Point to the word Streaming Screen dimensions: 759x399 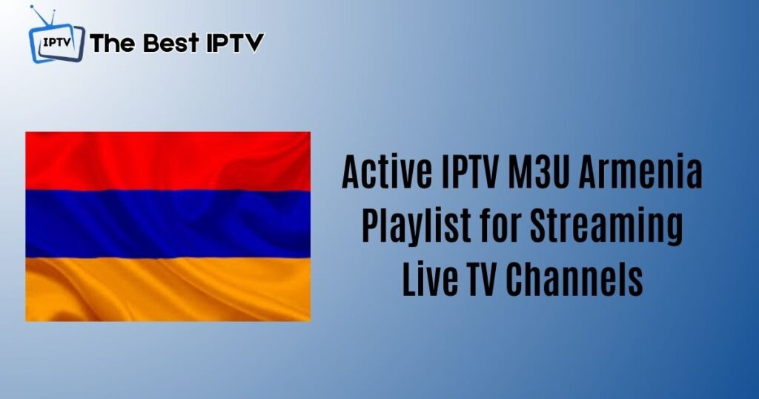point(606,227)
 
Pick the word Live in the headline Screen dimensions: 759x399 point(422,280)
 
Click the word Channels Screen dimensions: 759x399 point(574,280)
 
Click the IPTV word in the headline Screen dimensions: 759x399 point(469,171)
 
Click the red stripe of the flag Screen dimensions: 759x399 point(168,160)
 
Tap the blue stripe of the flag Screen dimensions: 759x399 point(168,224)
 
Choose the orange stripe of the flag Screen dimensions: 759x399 point(168,289)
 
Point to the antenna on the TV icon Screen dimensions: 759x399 point(42,15)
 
